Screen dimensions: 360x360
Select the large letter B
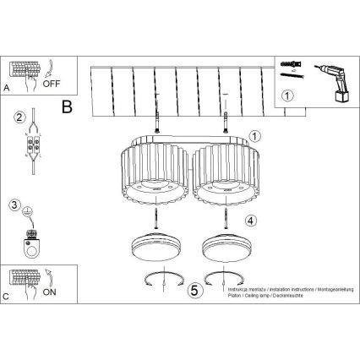coord(68,107)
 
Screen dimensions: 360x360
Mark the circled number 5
coord(195,290)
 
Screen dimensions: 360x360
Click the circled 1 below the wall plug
coord(288,94)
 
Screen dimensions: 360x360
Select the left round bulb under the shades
coord(155,250)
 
